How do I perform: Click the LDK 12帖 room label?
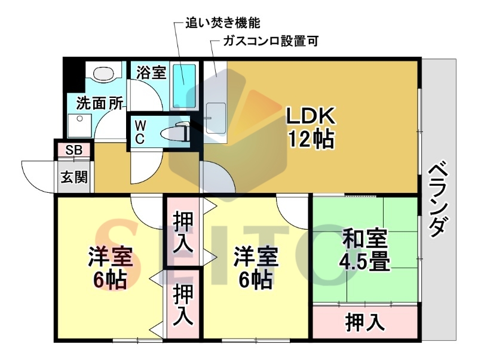311,128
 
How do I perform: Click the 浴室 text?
151,72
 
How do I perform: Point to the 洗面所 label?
99,103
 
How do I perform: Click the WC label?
140,131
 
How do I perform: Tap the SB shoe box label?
73,150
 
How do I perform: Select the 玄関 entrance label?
74,177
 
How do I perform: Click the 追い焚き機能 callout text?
223,23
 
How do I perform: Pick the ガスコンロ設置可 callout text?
271,41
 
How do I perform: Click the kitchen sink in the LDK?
216,118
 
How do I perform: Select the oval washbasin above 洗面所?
103,73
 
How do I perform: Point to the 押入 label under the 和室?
365,322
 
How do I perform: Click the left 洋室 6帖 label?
111,267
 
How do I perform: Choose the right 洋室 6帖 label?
256,267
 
